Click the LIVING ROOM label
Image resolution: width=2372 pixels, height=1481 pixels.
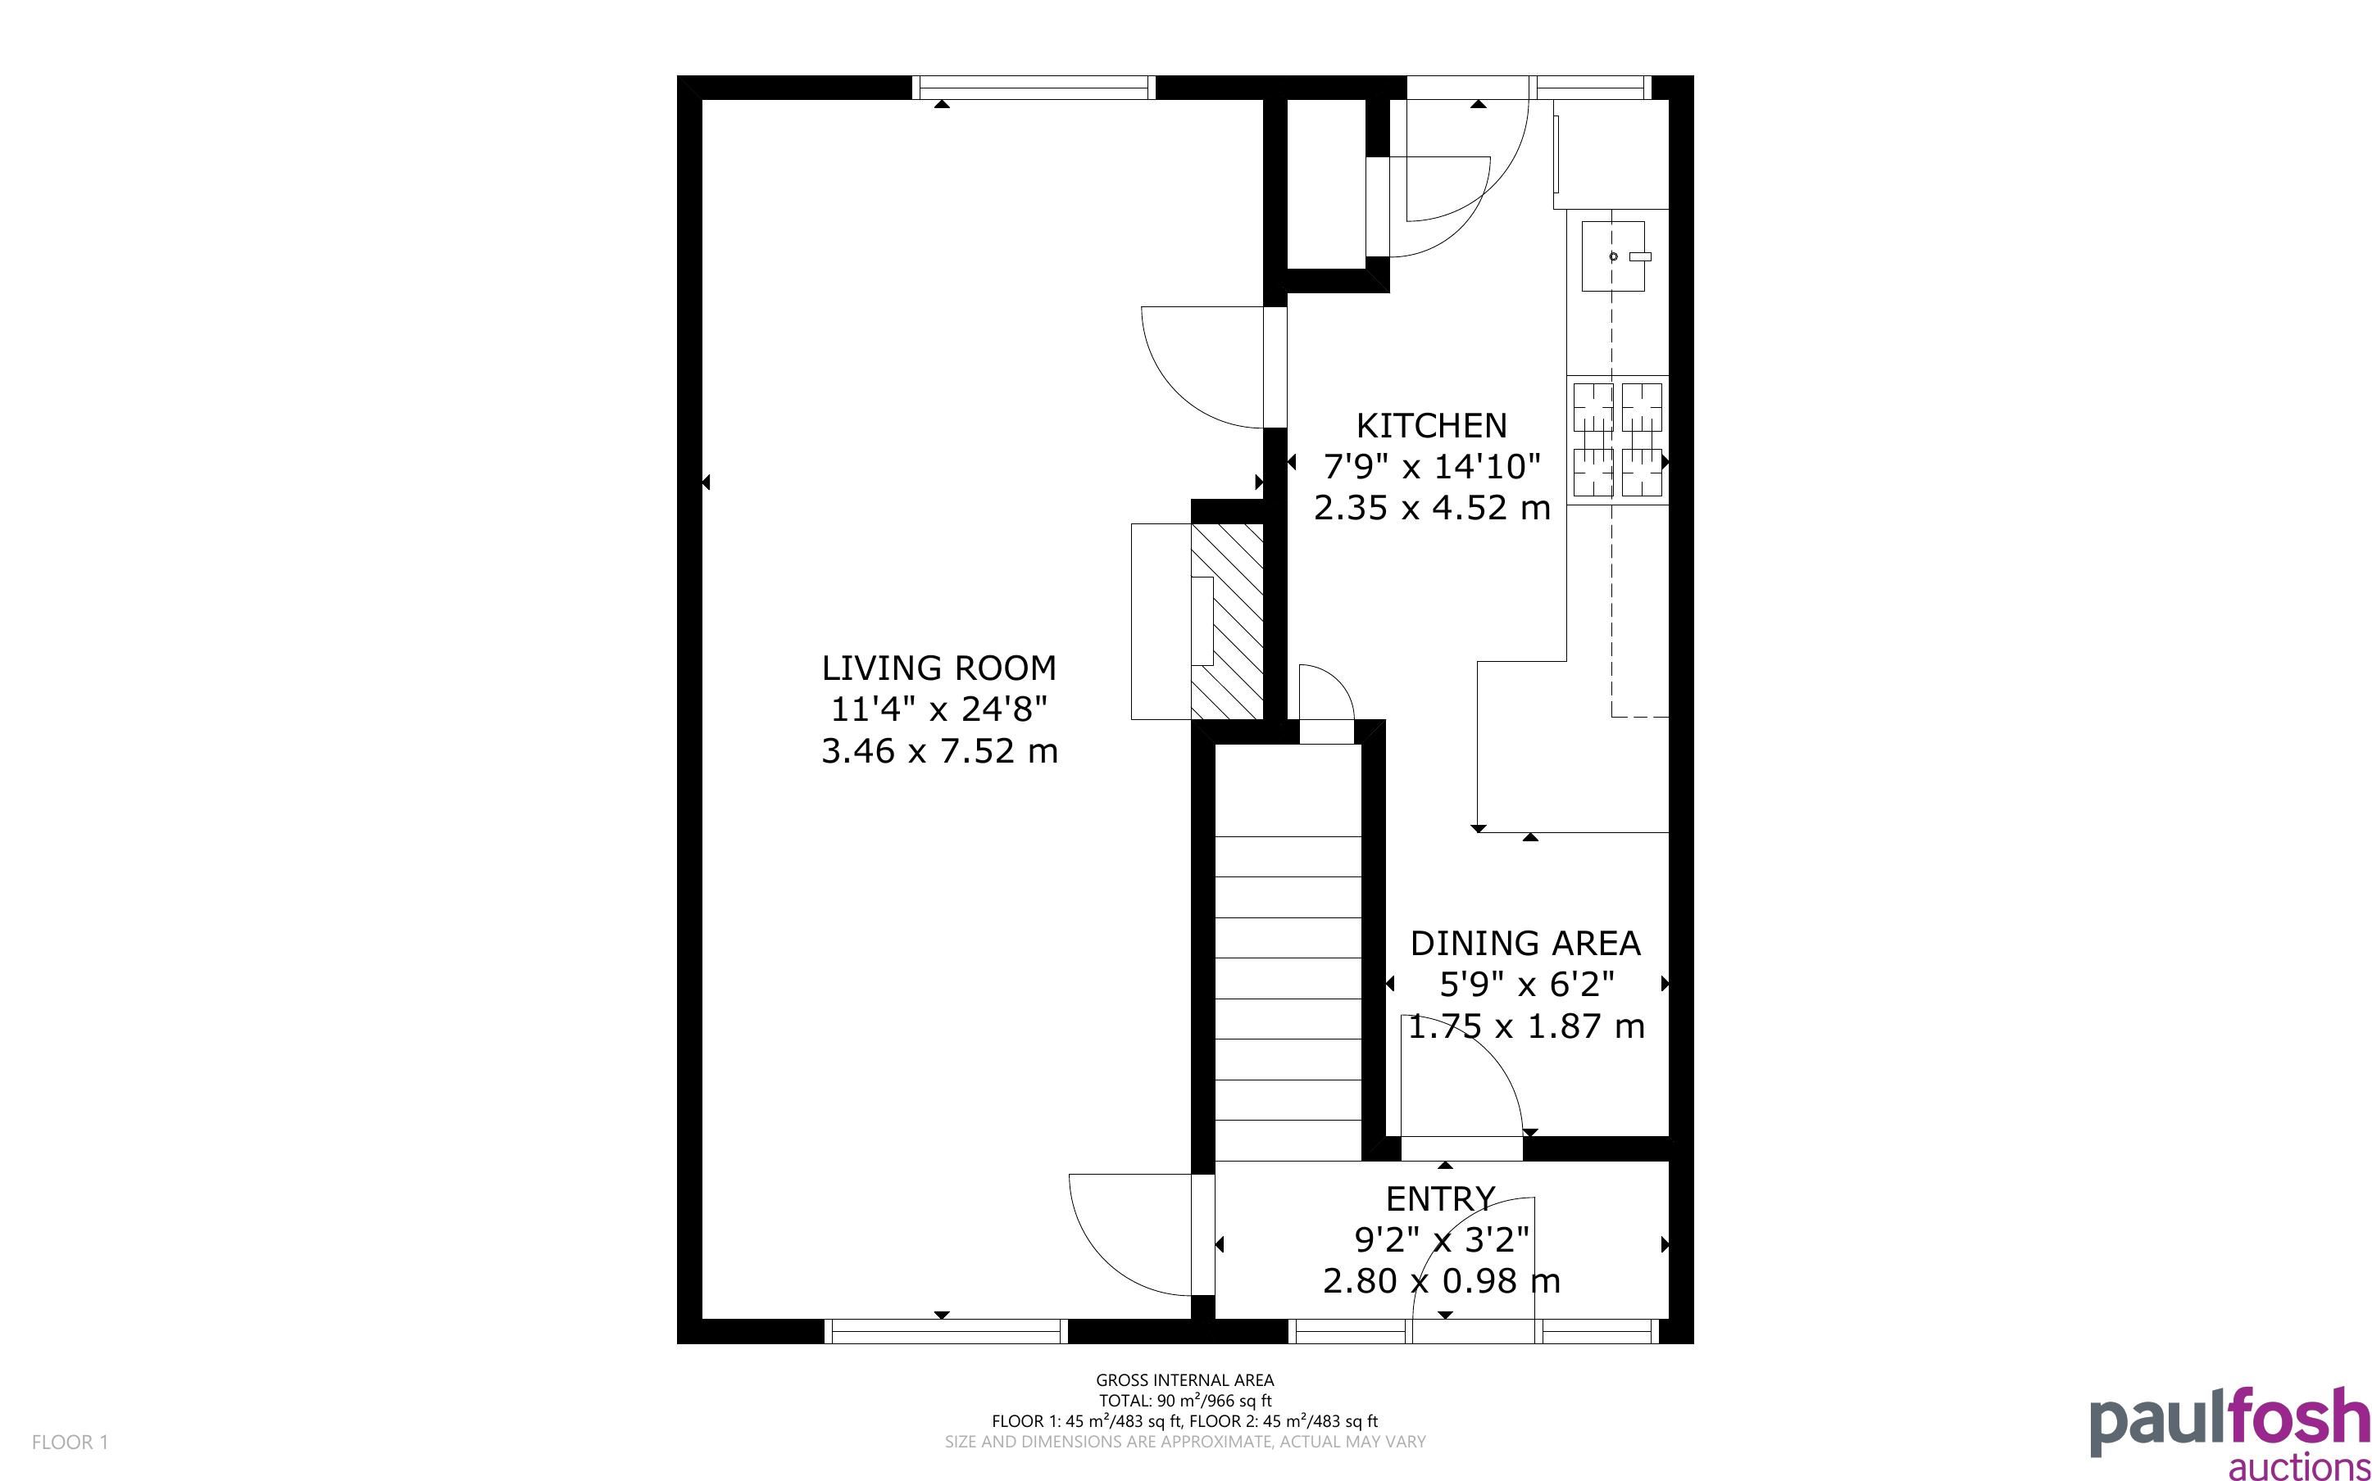(938, 668)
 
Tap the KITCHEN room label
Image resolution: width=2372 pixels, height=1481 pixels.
(1431, 425)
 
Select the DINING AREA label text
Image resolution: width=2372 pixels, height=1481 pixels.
(1525, 944)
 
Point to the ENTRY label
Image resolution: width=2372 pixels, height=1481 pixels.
(1440, 1199)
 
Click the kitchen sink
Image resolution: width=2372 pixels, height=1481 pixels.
(1614, 256)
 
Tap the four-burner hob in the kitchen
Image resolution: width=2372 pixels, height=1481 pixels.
(1618, 439)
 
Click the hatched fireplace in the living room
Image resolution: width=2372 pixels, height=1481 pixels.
(1227, 622)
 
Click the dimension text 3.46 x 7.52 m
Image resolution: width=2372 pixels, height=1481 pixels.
(938, 751)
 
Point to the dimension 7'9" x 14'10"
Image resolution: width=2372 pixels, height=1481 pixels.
(1431, 466)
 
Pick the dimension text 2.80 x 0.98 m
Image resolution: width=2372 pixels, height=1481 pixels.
(1440, 1280)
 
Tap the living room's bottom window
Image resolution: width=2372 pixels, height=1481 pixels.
(946, 1331)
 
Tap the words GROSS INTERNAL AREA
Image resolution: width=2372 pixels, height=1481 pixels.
(1184, 1381)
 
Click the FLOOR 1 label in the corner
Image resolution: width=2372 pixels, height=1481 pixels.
(70, 1442)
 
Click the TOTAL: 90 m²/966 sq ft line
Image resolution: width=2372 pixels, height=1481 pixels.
(1184, 1401)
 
